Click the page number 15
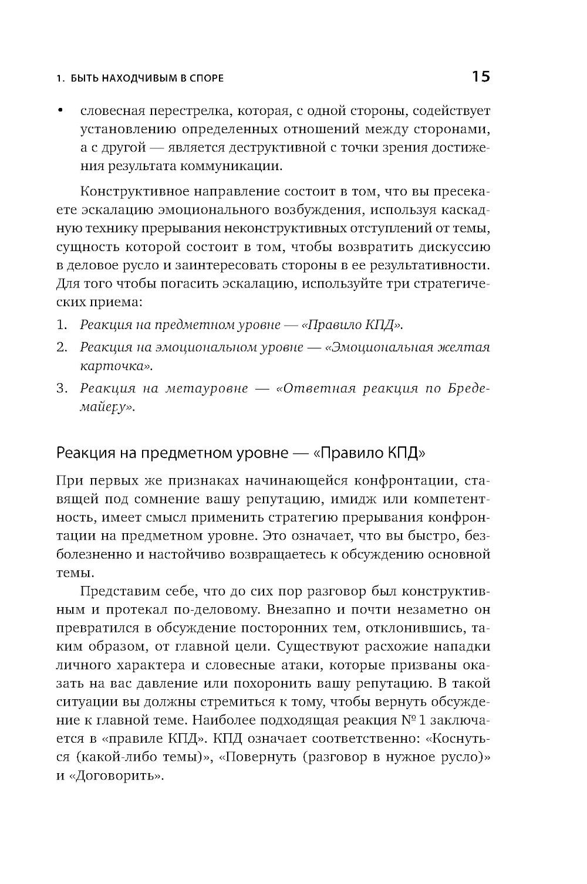coord(480,76)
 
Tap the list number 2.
coord(61,347)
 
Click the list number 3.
coord(61,388)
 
